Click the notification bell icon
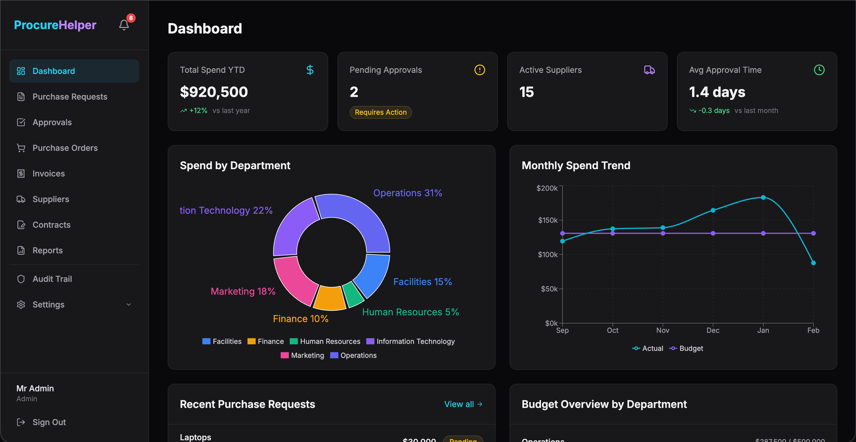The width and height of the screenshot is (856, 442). click(124, 25)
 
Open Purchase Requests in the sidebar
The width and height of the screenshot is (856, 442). click(70, 97)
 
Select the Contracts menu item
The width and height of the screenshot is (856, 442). click(52, 225)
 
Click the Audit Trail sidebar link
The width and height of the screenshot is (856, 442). click(52, 279)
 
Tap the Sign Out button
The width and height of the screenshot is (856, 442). click(49, 422)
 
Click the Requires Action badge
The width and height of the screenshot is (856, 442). click(381, 112)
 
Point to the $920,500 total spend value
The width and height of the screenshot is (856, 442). click(214, 92)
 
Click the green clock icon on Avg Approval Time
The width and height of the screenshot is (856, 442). click(819, 70)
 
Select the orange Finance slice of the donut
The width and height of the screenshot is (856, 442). click(329, 298)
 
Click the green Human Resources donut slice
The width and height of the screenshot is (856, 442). click(353, 294)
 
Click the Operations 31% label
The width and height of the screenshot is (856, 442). click(407, 193)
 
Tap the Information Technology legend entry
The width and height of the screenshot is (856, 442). click(411, 341)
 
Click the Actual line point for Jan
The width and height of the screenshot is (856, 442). click(763, 197)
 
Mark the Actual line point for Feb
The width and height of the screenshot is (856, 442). click(813, 263)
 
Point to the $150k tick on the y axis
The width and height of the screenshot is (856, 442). click(548, 220)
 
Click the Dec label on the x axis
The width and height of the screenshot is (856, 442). click(713, 330)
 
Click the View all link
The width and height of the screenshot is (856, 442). click(463, 404)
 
